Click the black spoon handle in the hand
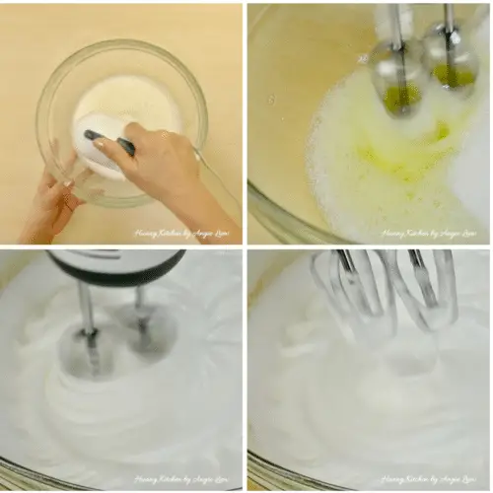(109, 140)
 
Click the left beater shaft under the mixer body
(88, 325)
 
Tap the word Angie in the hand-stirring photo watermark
(211, 234)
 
